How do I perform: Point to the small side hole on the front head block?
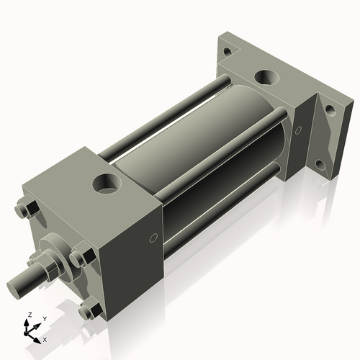click(x=153, y=238)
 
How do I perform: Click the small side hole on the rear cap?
click(x=297, y=130)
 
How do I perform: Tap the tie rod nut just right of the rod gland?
click(x=80, y=256)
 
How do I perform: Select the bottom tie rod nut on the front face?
click(x=88, y=310)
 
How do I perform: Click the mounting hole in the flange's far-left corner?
click(x=228, y=52)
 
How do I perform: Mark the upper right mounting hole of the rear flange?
click(x=330, y=109)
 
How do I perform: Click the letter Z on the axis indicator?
click(x=28, y=315)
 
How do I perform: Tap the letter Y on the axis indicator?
click(x=44, y=318)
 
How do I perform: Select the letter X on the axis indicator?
click(x=45, y=338)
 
